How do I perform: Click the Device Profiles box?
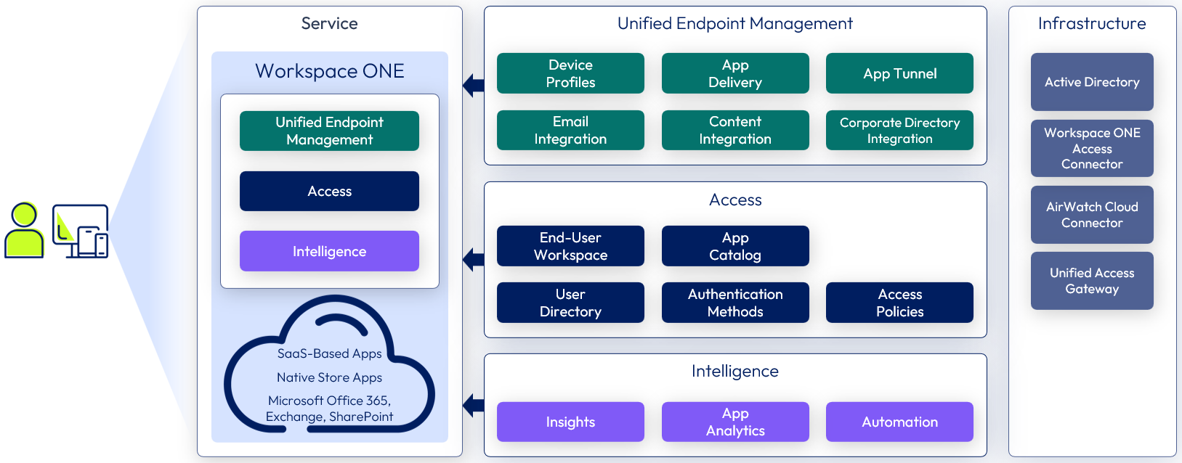coord(570,73)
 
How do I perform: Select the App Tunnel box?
coord(899,73)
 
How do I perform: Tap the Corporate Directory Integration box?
coord(899,131)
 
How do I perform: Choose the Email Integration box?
coord(570,131)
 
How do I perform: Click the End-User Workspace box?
coord(570,246)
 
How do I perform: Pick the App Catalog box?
coord(735,246)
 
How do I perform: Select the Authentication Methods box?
coord(735,303)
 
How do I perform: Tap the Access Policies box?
coord(899,303)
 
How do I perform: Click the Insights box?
coord(570,422)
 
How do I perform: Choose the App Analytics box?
coord(735,422)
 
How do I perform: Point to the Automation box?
coord(899,422)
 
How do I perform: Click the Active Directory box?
coord(1092,82)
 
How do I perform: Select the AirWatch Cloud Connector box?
coord(1092,215)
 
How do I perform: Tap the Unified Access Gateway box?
coord(1092,281)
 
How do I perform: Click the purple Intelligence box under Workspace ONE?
coord(329,251)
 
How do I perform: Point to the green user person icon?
coord(24,230)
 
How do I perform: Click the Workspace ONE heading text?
coord(329,71)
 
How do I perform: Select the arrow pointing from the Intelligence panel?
coord(474,405)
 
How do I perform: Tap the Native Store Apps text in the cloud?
coord(329,377)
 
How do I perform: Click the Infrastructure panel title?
coord(1092,24)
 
